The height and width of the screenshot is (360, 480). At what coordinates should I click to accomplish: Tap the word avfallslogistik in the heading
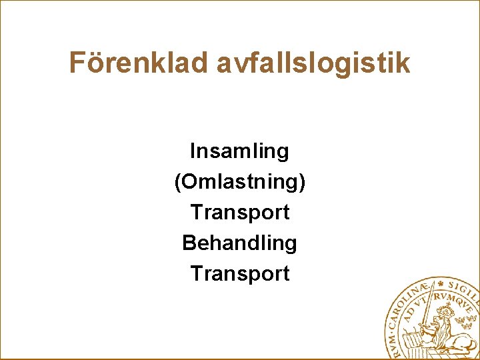click(313, 63)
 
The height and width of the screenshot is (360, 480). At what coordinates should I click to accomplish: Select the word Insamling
click(239, 151)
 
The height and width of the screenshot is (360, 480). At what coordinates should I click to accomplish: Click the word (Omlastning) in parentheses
click(239, 182)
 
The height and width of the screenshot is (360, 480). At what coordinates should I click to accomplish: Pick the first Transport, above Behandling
click(239, 213)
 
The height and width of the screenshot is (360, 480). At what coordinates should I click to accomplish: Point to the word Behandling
click(239, 243)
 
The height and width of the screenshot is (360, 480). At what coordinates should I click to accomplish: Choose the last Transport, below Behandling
click(239, 273)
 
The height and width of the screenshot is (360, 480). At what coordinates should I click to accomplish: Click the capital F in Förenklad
click(77, 63)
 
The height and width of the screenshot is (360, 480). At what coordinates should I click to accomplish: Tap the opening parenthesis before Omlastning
click(177, 183)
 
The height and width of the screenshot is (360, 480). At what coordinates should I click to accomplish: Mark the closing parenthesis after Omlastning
click(302, 183)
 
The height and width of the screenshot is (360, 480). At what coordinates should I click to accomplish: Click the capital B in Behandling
click(189, 243)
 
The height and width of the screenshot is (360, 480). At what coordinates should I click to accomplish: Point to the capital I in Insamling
click(193, 151)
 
